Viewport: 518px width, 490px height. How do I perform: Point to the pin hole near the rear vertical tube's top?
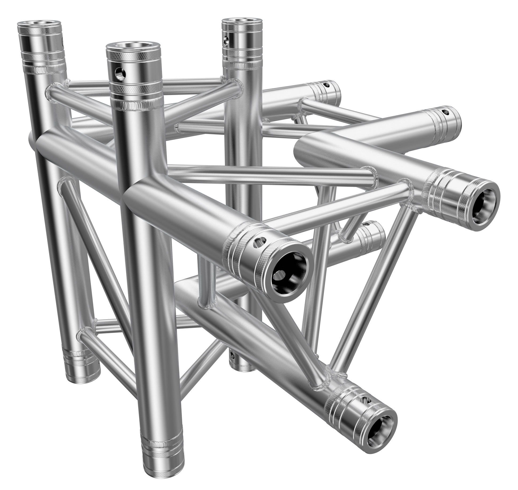(226, 40)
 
